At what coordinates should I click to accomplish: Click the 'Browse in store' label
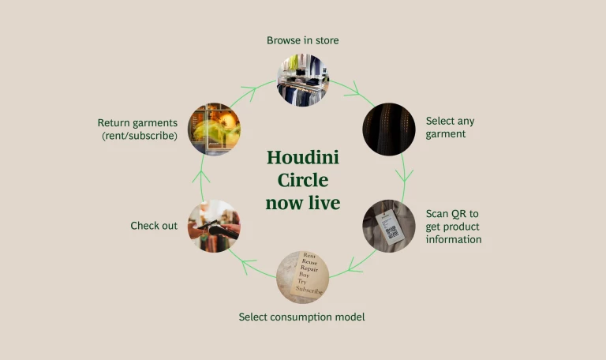(x=303, y=40)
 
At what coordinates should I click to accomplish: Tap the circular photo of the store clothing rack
(x=303, y=81)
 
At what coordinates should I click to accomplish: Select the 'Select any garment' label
(x=450, y=127)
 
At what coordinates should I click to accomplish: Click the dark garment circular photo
(x=388, y=129)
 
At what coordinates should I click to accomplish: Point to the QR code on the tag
(x=393, y=232)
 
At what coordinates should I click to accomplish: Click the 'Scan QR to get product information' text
(x=453, y=227)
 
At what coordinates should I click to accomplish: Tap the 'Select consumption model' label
(x=301, y=317)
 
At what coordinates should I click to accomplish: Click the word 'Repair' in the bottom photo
(x=304, y=267)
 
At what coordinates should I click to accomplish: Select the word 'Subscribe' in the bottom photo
(x=309, y=290)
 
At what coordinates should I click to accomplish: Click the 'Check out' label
(x=154, y=226)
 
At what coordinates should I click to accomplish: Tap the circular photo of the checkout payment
(x=214, y=226)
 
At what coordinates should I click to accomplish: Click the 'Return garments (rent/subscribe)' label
(x=137, y=129)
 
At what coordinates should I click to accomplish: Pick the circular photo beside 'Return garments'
(x=215, y=129)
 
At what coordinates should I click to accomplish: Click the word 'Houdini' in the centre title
(x=303, y=158)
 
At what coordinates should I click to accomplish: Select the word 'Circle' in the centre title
(x=302, y=180)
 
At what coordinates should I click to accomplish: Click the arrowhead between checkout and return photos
(x=202, y=168)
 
